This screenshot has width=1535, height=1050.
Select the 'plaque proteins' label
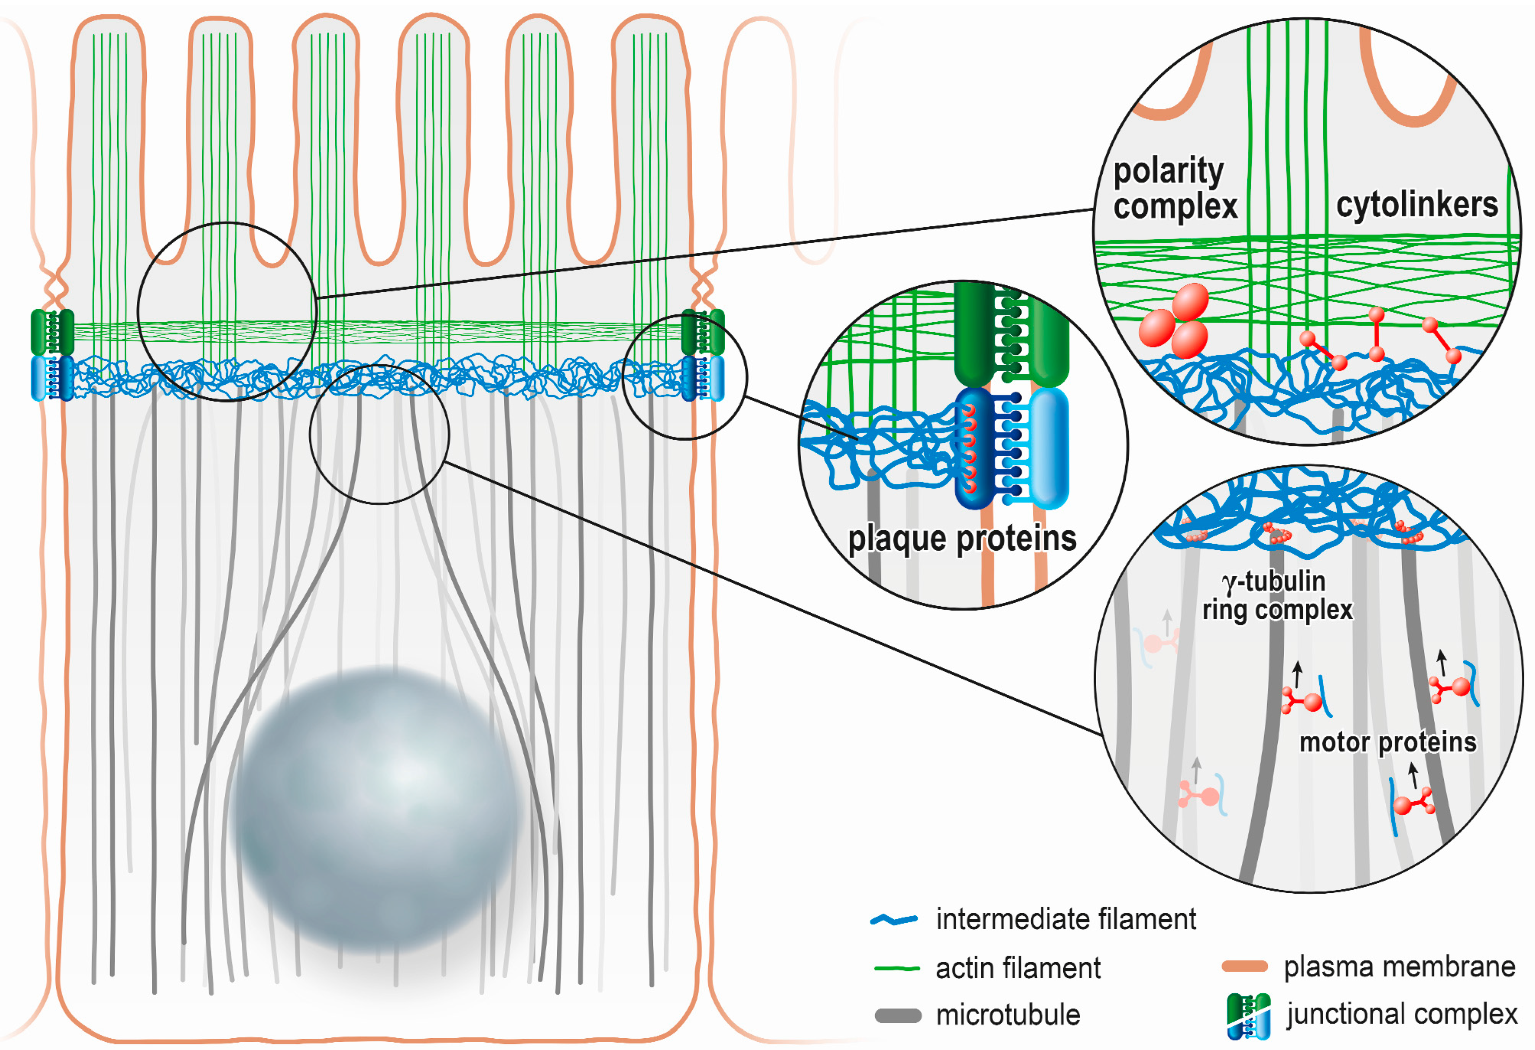point(962,538)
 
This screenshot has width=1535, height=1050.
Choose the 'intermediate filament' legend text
point(1065,919)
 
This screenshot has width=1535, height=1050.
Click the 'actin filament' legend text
point(1018,968)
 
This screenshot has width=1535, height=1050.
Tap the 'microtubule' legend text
point(1008,1015)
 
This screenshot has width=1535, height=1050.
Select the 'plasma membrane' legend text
point(1399,967)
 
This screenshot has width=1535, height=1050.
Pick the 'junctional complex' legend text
point(1402,1014)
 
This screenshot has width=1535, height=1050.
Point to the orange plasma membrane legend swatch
point(1244,967)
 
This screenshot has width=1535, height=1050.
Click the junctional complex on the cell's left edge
point(52,355)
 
